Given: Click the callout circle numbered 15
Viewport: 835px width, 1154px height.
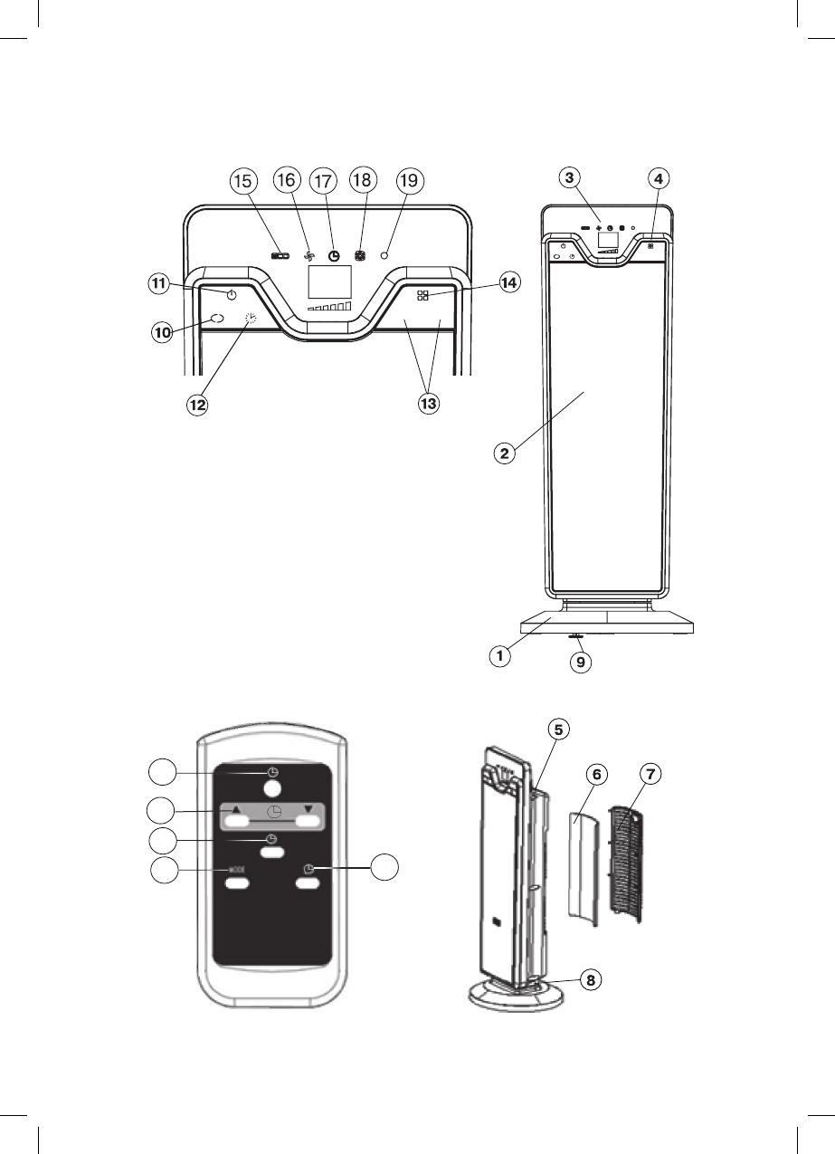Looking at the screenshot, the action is [242, 181].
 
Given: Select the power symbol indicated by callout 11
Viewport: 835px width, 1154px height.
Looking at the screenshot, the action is [232, 296].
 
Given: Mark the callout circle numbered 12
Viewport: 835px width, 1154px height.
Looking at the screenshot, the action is [197, 405].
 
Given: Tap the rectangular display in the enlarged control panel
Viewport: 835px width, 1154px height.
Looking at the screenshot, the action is [329, 282].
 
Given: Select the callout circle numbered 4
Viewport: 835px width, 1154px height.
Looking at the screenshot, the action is [659, 178].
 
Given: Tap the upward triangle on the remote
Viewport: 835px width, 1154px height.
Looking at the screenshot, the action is [235, 809].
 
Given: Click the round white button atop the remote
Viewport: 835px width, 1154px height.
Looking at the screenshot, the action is [272, 788].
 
